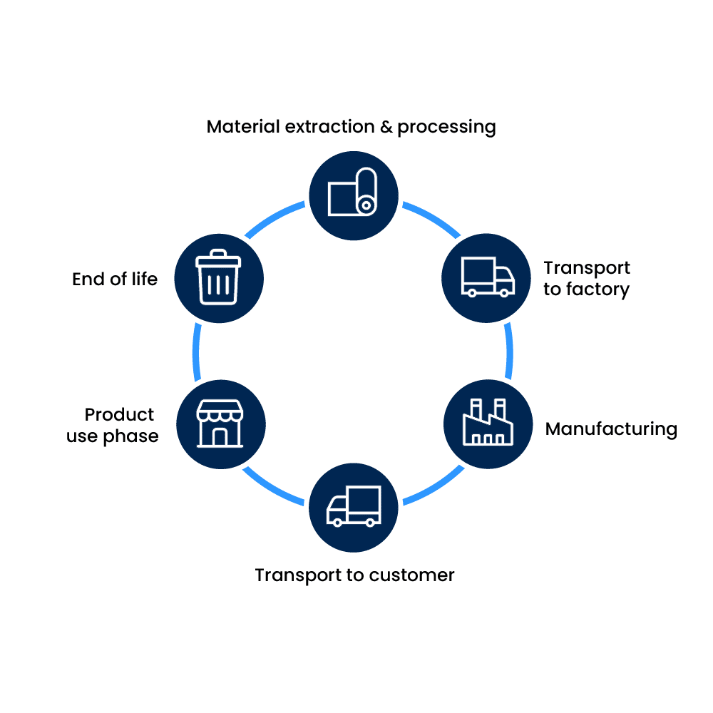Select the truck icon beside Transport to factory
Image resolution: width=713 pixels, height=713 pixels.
point(488,277)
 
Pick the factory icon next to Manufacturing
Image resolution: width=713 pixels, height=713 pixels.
point(488,423)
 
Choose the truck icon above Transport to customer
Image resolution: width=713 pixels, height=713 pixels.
point(354,506)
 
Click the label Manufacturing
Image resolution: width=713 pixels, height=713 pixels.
point(611,429)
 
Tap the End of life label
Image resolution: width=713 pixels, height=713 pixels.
point(115,279)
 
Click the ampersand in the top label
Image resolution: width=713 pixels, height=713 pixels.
point(385,127)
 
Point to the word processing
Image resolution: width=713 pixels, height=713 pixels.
point(446,128)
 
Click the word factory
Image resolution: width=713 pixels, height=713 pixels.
point(596,290)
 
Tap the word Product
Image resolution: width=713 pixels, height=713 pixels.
point(120,415)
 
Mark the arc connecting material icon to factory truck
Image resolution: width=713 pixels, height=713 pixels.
point(432,218)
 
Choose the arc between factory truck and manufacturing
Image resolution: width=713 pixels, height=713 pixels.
point(510,350)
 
